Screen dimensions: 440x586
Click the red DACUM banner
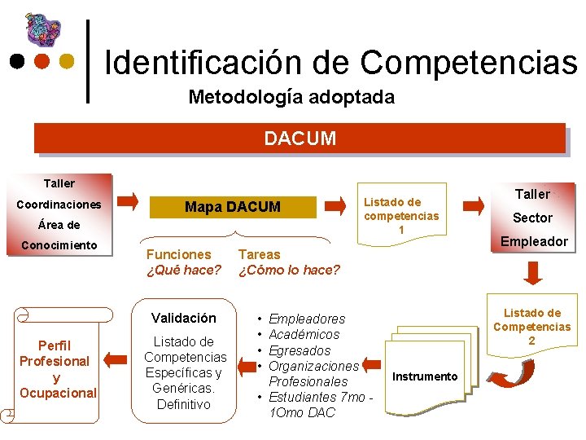300,138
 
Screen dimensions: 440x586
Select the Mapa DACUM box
232,207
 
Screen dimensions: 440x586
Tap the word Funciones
178,254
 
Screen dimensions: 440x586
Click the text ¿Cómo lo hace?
289,270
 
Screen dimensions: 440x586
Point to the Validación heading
184,318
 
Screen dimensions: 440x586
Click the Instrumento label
425,376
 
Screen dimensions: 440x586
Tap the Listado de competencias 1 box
401,216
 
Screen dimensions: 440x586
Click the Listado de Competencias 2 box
532,326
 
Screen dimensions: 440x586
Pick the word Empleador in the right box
534,240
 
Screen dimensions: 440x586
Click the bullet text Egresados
300,350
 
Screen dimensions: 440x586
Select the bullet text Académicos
304,334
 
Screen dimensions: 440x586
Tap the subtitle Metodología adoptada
291,97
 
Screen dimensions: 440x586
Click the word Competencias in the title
468,62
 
